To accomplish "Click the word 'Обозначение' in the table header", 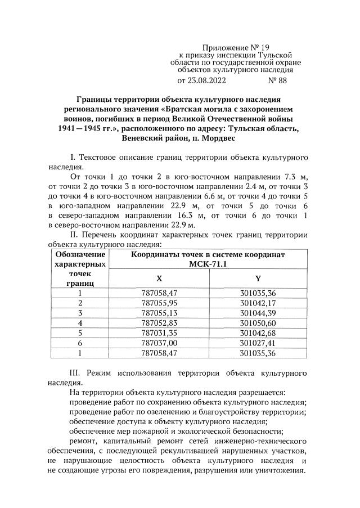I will tap(80, 254).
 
